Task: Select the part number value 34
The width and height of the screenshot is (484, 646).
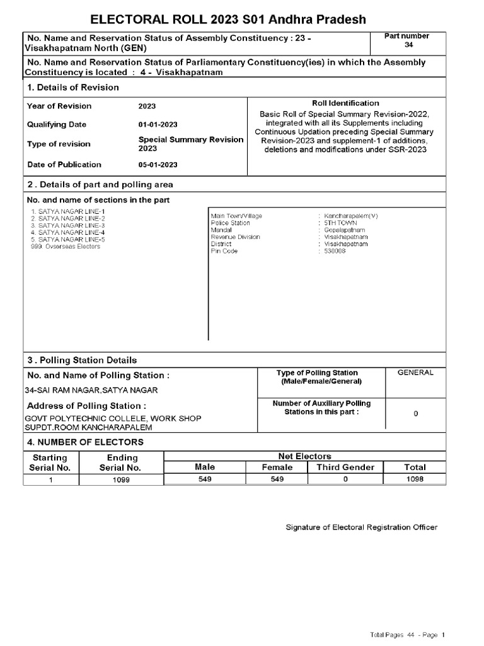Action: (x=408, y=45)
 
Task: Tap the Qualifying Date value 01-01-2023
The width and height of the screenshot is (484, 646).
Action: (x=158, y=125)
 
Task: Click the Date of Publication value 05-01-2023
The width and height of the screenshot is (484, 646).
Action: (x=158, y=165)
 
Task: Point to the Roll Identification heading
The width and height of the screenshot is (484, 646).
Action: (x=345, y=103)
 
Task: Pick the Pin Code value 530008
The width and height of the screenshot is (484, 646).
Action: (x=335, y=251)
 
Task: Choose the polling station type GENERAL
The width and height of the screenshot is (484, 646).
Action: (x=415, y=373)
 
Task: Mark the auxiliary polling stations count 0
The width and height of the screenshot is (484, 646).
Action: (x=415, y=414)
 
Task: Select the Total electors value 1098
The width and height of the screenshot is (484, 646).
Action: (x=415, y=479)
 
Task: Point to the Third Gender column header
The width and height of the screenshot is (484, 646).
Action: (x=345, y=467)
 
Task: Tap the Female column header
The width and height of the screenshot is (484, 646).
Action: (x=277, y=467)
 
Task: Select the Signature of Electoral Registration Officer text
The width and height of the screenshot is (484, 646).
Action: (x=361, y=527)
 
